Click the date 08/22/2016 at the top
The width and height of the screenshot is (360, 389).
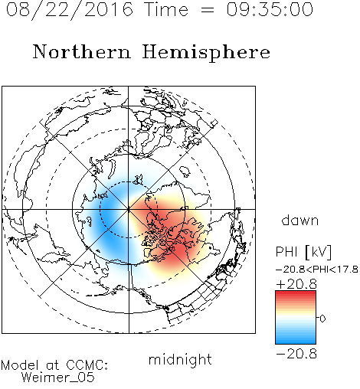70,10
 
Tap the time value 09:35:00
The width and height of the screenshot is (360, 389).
270,9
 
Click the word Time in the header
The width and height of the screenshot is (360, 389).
166,9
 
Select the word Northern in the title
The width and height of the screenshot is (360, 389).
82,51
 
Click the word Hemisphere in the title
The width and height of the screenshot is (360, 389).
206,53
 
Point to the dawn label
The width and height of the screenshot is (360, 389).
300,220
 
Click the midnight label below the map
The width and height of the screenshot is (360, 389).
180,359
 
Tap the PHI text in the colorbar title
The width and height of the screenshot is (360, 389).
286,252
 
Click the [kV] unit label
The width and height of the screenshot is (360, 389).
318,252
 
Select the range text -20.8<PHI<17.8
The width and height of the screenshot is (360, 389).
317,270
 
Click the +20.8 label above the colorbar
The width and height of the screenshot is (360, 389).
296,284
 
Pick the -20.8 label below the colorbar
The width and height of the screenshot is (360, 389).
296,354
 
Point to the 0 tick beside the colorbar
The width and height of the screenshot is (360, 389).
322,319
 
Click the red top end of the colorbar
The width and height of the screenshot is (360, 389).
296,293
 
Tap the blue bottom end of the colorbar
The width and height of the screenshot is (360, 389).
296,342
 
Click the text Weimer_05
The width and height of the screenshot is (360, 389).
58,378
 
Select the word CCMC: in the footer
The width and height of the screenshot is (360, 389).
87,365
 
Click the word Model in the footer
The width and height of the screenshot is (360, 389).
20,365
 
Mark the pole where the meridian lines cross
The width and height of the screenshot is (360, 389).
129,209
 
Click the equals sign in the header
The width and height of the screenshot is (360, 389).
208,10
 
